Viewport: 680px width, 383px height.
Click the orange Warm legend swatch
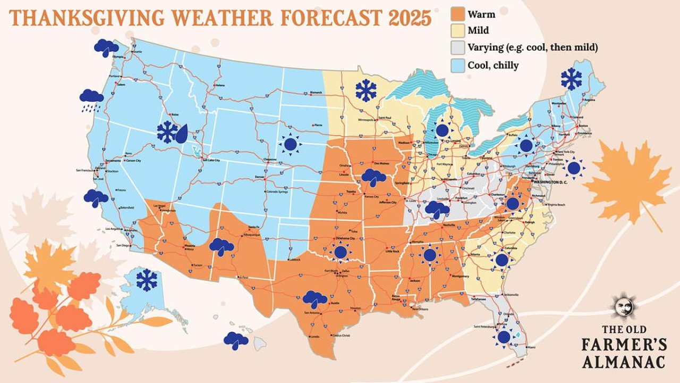click(457, 14)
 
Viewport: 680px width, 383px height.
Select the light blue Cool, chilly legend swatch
click(457, 65)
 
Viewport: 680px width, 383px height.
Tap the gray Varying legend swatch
click(457, 48)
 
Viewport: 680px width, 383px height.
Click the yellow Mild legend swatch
click(457, 31)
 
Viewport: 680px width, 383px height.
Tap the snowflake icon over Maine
click(571, 79)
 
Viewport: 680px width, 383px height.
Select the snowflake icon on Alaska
click(147, 280)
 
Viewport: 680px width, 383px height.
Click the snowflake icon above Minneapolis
click(366, 90)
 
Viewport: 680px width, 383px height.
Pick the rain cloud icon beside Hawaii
click(236, 340)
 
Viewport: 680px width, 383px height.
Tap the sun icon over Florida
click(503, 337)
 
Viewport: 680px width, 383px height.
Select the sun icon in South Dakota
click(290, 144)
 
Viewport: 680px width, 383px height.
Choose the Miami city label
click(529, 348)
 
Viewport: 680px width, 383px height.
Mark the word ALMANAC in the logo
click(623, 362)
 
